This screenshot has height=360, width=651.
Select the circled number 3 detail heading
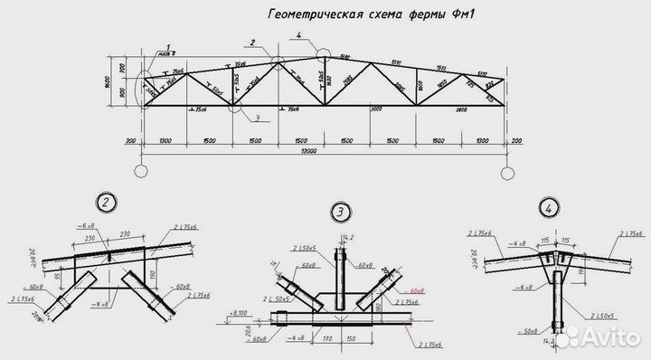pyautogui.click(x=340, y=213)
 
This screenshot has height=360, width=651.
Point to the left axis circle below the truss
pyautogui.click(x=142, y=170)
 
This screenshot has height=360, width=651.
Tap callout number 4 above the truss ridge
pyautogui.click(x=298, y=36)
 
